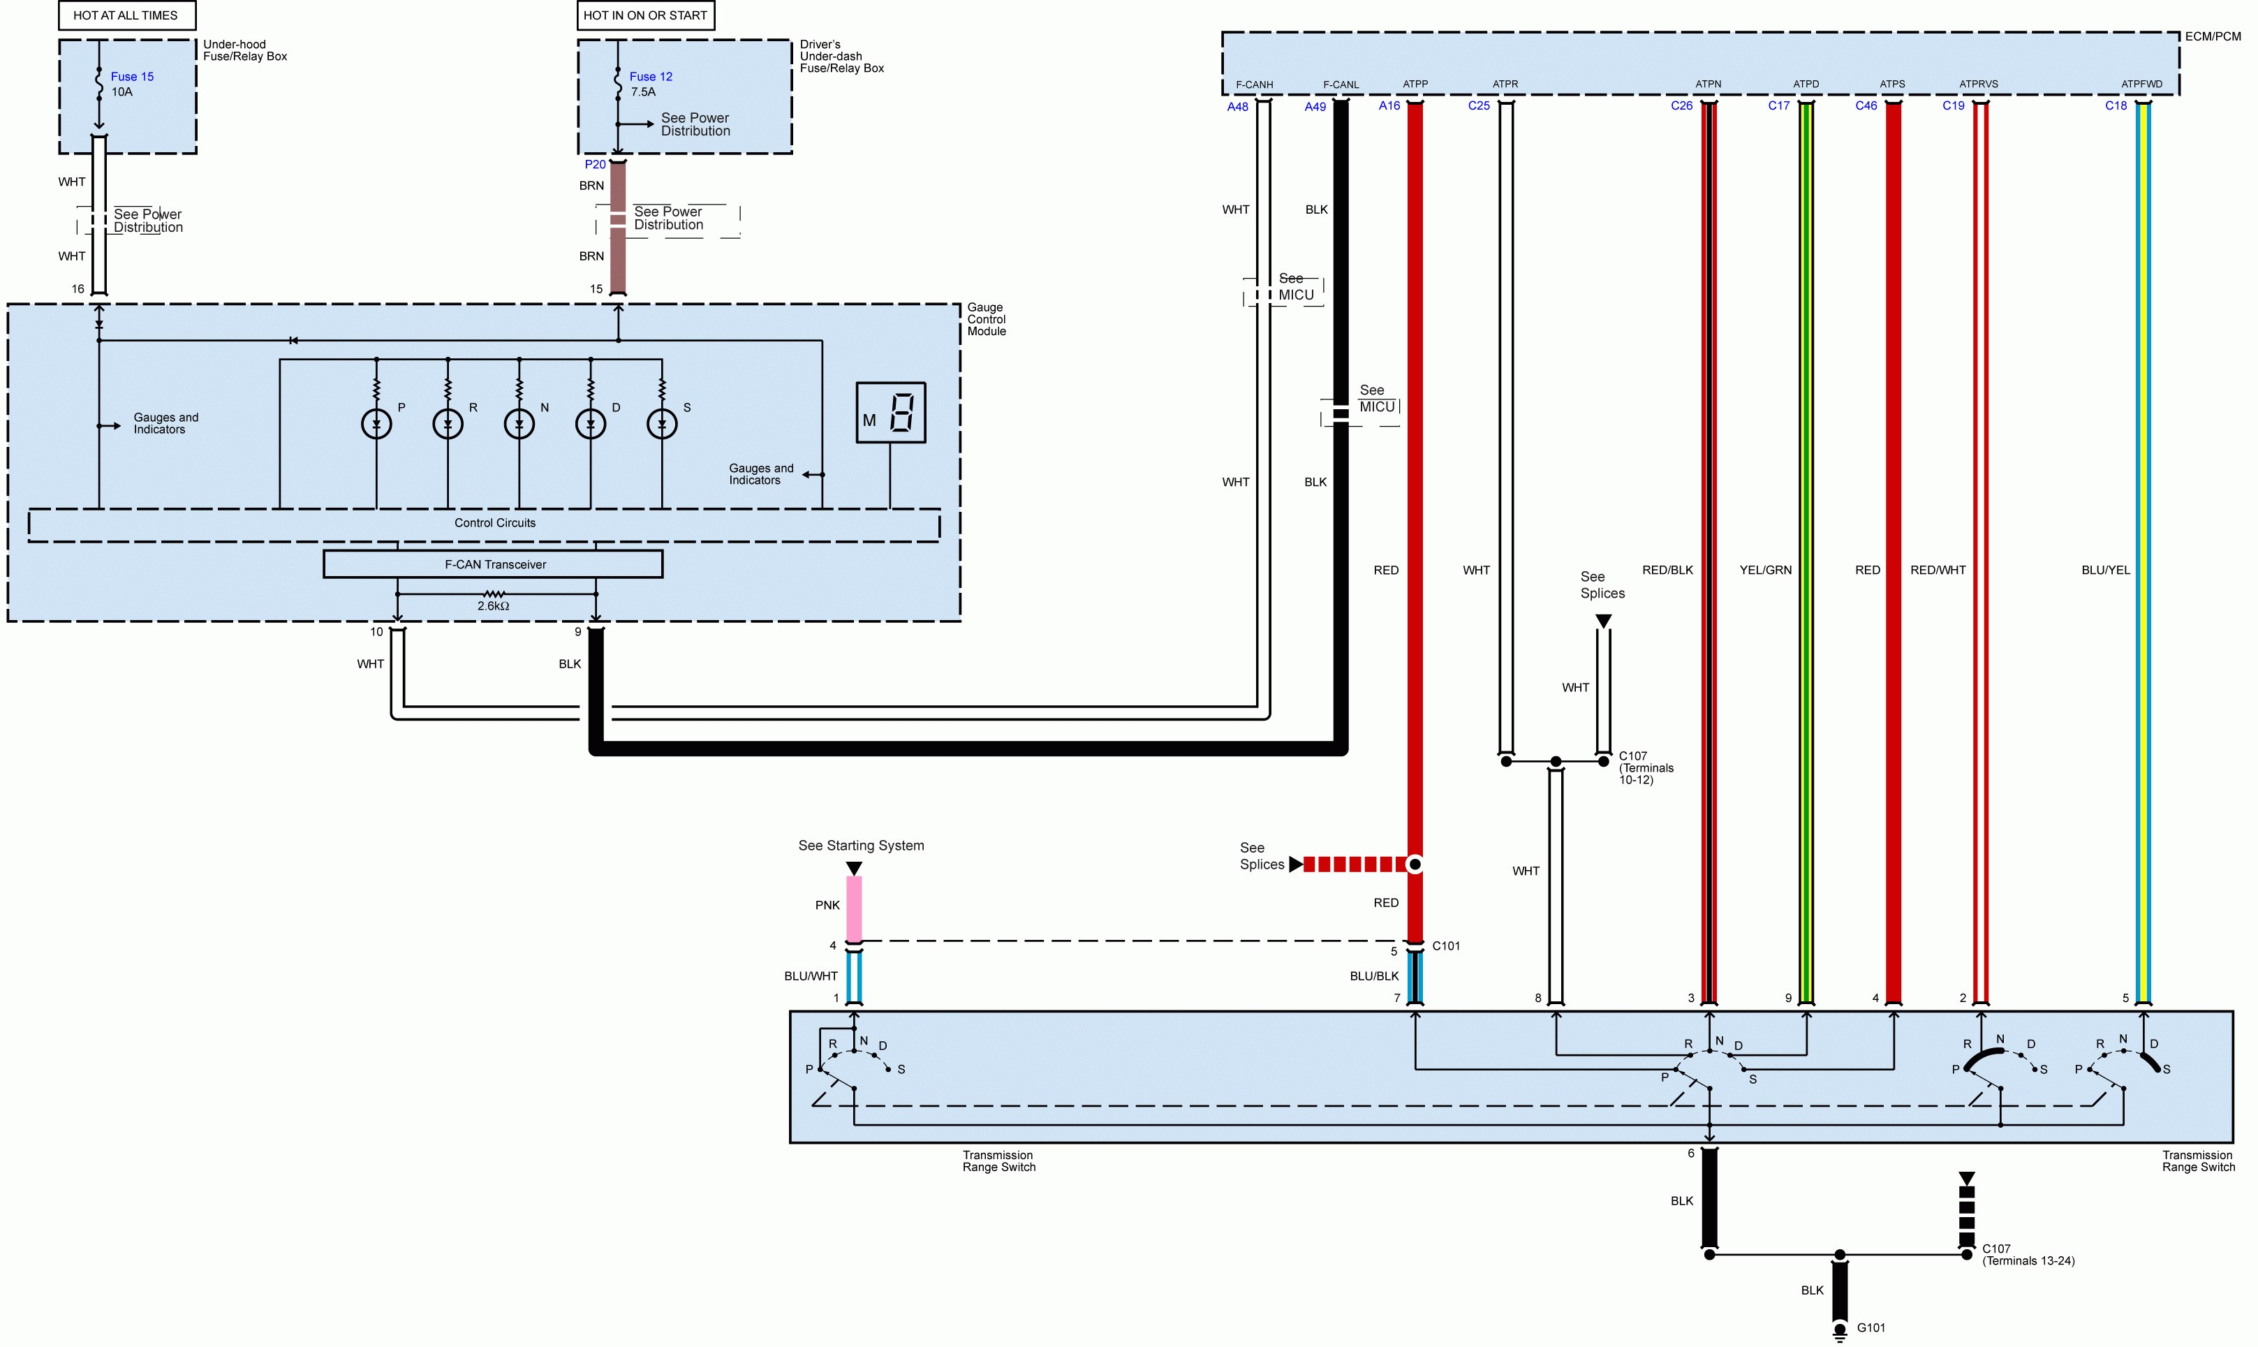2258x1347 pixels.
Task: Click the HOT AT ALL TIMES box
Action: [x=127, y=15]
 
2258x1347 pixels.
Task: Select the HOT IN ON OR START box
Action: [x=645, y=15]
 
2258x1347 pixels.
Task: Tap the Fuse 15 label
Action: [x=133, y=76]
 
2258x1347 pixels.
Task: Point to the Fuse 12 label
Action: [x=651, y=76]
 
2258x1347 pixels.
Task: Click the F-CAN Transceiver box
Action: [x=493, y=564]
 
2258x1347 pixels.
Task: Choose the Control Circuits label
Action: [x=494, y=523]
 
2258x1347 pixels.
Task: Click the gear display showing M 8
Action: [x=890, y=413]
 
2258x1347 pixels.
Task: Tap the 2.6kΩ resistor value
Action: [x=493, y=606]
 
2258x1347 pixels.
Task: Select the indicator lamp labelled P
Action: [x=376, y=424]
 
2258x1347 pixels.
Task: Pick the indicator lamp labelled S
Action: [x=662, y=424]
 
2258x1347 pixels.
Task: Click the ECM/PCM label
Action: [x=2213, y=36]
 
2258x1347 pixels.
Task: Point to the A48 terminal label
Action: [x=1237, y=107]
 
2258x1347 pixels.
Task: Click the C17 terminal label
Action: [x=1779, y=106]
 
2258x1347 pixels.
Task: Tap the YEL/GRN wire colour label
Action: [x=1765, y=570]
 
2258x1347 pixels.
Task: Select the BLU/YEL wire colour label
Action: [x=2106, y=570]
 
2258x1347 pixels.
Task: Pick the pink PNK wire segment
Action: [x=854, y=908]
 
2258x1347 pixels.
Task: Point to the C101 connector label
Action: [x=1446, y=945]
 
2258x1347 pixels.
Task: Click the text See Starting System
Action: [x=862, y=845]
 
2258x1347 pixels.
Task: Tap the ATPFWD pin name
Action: [x=2142, y=84]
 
